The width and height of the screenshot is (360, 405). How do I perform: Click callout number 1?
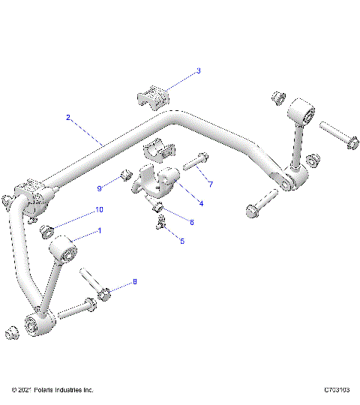click(x=99, y=232)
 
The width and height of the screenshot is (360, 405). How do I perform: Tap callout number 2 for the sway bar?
click(x=68, y=118)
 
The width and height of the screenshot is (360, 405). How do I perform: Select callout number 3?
click(x=198, y=71)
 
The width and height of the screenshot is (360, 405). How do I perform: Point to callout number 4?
click(x=200, y=202)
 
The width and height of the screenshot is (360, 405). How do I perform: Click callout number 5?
click(x=179, y=241)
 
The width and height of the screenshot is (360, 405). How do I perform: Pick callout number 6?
click(x=191, y=222)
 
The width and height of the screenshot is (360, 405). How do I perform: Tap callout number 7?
click(x=211, y=184)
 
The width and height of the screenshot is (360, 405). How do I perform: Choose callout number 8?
click(x=135, y=282)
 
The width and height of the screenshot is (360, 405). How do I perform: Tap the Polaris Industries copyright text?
click(x=52, y=391)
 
